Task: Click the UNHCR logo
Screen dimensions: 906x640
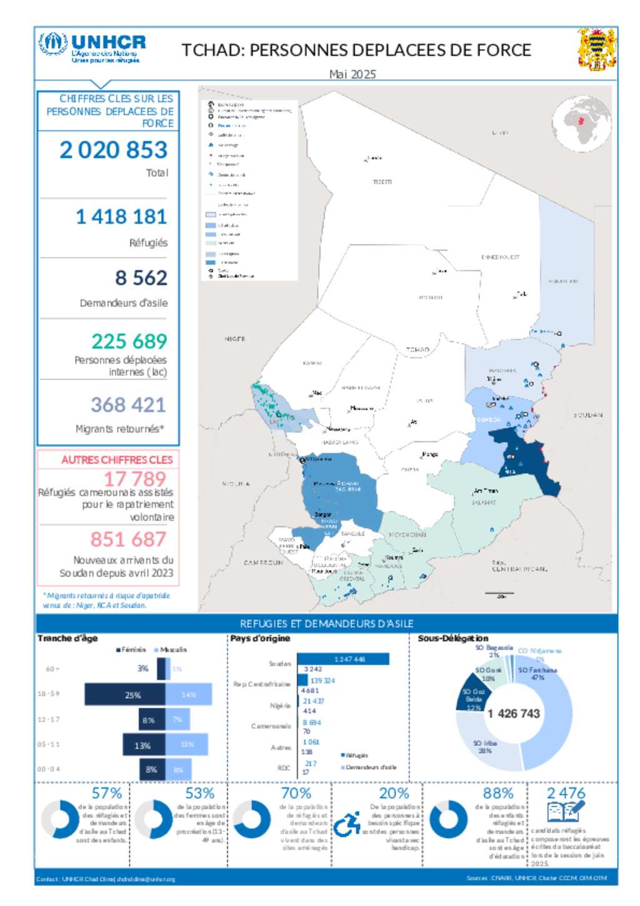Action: click(92, 48)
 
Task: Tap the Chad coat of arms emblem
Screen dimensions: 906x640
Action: click(597, 49)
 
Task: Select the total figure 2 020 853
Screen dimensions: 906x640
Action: click(114, 150)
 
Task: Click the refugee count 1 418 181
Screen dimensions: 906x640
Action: click(121, 217)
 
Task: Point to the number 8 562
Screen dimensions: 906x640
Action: click(141, 278)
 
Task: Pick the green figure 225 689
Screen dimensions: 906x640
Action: click(129, 341)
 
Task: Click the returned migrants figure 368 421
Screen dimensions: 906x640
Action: click(128, 405)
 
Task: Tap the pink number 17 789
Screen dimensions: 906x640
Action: click(134, 479)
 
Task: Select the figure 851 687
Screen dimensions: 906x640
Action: click(128, 540)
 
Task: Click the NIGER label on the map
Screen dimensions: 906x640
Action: click(235, 339)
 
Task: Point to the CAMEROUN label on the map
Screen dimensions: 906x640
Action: click(263, 563)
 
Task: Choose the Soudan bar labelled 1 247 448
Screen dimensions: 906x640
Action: click(343, 659)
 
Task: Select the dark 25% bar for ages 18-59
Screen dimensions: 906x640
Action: click(125, 695)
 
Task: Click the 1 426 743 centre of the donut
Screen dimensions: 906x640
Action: click(514, 713)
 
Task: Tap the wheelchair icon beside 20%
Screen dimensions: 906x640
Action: click(347, 823)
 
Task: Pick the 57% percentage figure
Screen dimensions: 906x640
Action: click(107, 793)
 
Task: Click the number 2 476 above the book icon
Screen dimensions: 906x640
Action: click(566, 793)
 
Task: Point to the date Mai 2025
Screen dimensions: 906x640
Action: click(352, 74)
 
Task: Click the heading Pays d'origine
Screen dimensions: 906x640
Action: click(260, 638)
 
